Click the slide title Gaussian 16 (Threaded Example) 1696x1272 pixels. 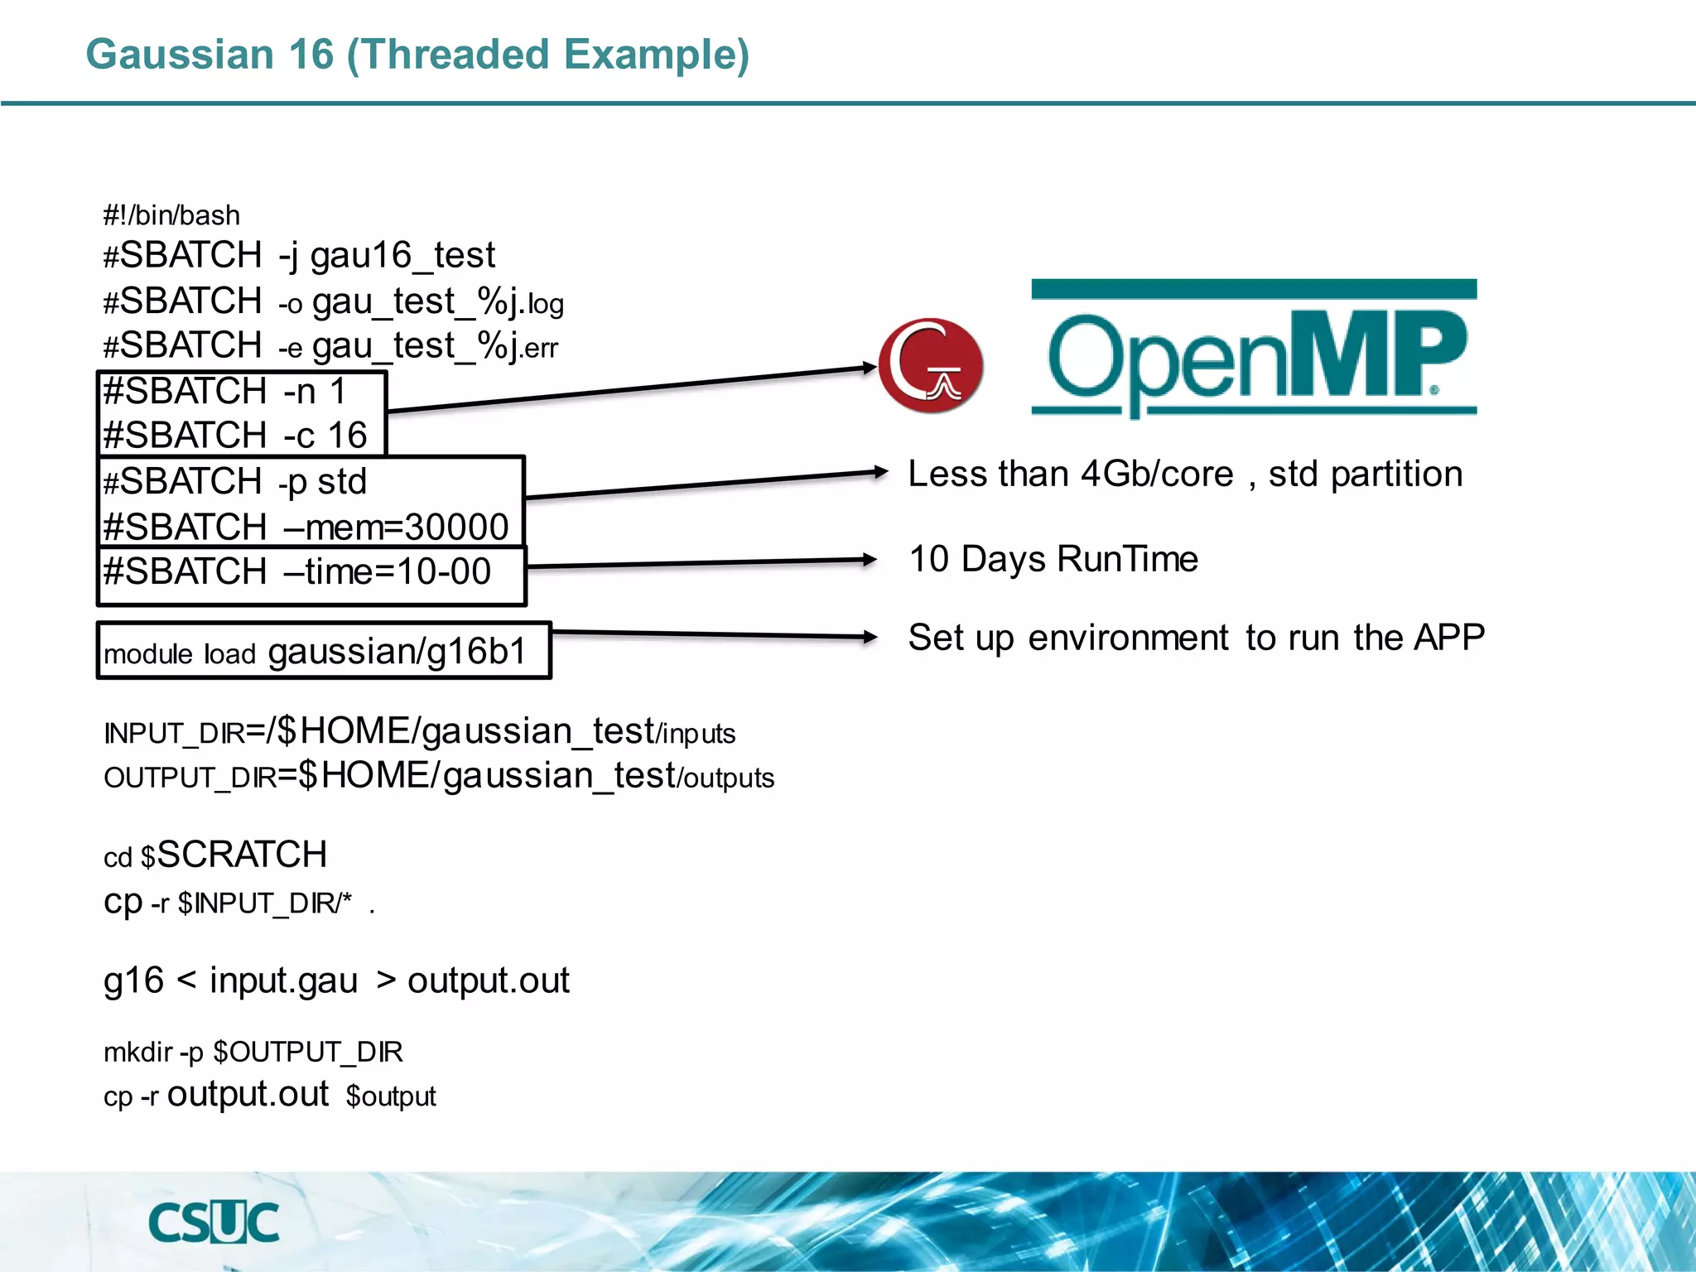tap(417, 55)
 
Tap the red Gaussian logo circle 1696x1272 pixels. tap(931, 365)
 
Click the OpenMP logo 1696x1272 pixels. tap(1254, 349)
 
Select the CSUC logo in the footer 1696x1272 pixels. tap(214, 1222)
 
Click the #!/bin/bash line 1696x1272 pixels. tap(171, 215)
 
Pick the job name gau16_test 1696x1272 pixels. tap(402, 255)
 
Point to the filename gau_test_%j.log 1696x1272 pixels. tap(437, 302)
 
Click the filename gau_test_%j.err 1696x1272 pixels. tap(435, 347)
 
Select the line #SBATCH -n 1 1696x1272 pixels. tap(224, 392)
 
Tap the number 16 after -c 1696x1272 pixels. tap(347, 436)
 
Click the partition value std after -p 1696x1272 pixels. tap(342, 481)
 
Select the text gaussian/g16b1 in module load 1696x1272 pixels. tap(397, 652)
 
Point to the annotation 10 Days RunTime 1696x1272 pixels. tap(1053, 559)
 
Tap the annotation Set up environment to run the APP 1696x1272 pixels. tap(1196, 638)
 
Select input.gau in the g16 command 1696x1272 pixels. tap(283, 980)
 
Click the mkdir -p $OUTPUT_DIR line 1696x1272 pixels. tap(253, 1052)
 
